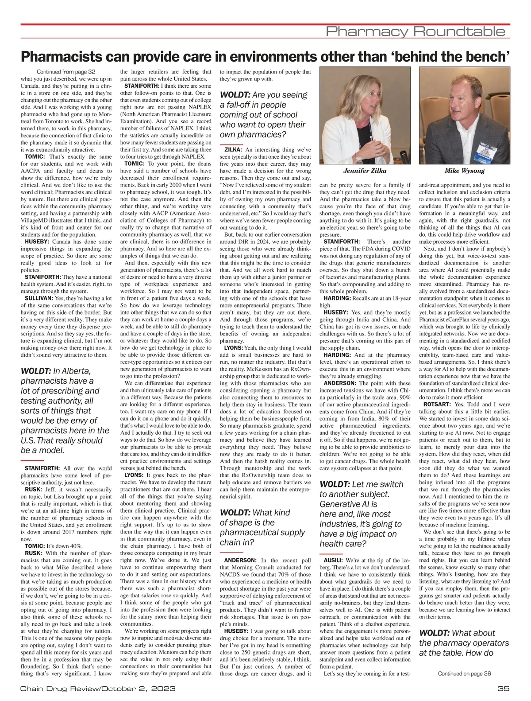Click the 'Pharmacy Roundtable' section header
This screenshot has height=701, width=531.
(415, 31)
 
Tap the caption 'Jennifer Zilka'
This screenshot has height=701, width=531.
(365, 171)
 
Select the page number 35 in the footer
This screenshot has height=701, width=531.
(503, 689)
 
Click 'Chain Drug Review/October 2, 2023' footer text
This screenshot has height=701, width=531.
(98, 689)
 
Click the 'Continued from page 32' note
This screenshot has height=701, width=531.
(66, 72)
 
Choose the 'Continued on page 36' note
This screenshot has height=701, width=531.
(464, 674)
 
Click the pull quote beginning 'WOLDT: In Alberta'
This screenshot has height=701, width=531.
(65, 410)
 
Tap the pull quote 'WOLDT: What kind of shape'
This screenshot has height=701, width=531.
(262, 527)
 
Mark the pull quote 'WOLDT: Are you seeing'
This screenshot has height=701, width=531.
(264, 114)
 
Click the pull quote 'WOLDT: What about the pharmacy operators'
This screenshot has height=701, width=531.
(464, 643)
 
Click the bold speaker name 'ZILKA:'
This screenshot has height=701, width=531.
(233, 150)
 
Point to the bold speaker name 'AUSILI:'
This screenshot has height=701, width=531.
(331, 560)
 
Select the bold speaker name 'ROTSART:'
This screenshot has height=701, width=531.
(436, 404)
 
